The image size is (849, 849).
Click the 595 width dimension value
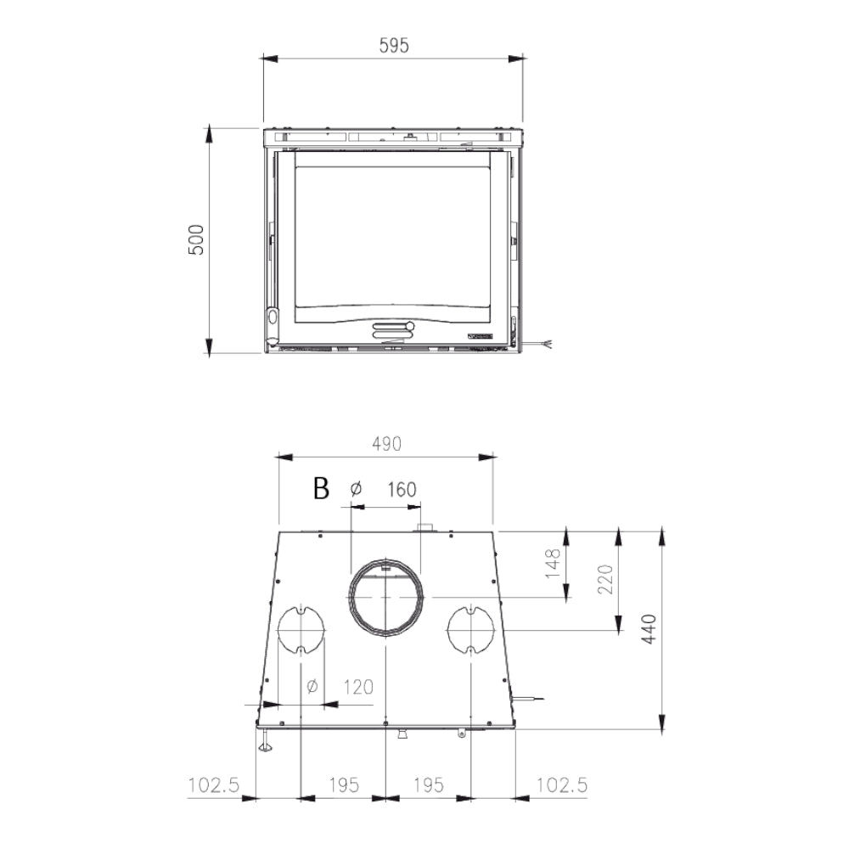(x=394, y=46)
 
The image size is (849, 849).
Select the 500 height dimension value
(x=196, y=239)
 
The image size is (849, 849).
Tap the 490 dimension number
(x=386, y=444)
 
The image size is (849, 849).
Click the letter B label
(x=321, y=488)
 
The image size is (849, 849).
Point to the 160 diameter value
(x=402, y=490)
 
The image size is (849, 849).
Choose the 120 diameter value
(x=358, y=687)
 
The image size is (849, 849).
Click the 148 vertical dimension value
(x=553, y=563)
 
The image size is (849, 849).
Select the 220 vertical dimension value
(x=605, y=579)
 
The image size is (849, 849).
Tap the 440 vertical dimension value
(x=649, y=629)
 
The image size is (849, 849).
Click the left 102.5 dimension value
(x=213, y=785)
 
